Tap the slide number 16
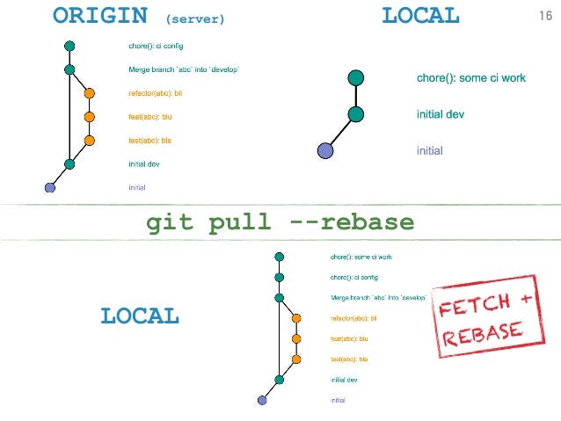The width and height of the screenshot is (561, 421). [544, 15]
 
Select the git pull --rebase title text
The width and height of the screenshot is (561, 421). [280, 223]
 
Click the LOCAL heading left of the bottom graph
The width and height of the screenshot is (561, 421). [140, 316]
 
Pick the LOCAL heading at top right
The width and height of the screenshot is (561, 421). [420, 15]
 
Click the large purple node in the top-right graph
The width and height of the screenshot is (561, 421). [325, 150]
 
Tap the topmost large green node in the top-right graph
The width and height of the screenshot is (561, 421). [355, 77]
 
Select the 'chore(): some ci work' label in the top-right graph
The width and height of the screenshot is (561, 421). [470, 78]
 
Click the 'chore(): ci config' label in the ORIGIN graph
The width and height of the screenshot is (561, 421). [156, 45]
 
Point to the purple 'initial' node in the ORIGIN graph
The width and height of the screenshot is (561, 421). [49, 187]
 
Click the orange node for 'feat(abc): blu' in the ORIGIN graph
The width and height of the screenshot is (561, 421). [89, 116]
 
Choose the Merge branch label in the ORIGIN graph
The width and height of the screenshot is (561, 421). [183, 69]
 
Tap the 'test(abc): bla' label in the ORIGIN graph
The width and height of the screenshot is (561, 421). [149, 140]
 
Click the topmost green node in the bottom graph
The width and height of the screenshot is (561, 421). [279, 257]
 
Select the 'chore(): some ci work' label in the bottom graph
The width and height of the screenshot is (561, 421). [361, 257]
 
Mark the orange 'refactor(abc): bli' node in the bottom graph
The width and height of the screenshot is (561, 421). [296, 318]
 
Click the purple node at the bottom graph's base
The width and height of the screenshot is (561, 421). [261, 400]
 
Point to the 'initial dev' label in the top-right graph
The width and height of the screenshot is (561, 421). [441, 114]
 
